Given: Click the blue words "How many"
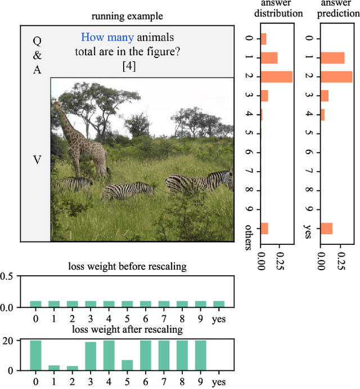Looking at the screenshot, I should (x=107, y=38).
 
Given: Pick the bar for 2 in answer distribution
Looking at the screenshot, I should (x=276, y=77).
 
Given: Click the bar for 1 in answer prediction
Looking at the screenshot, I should (x=332, y=57).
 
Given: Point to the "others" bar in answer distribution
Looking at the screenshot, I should (x=264, y=229).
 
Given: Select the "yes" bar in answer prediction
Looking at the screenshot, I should (x=326, y=229).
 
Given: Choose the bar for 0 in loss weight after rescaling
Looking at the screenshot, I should (x=35, y=355).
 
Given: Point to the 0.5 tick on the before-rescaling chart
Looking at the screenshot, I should (x=7, y=276).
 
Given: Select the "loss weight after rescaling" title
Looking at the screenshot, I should (x=127, y=330).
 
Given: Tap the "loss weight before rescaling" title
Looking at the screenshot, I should (x=127, y=266).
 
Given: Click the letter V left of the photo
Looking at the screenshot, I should (x=37, y=160).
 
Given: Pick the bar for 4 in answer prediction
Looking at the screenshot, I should (x=322, y=114).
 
